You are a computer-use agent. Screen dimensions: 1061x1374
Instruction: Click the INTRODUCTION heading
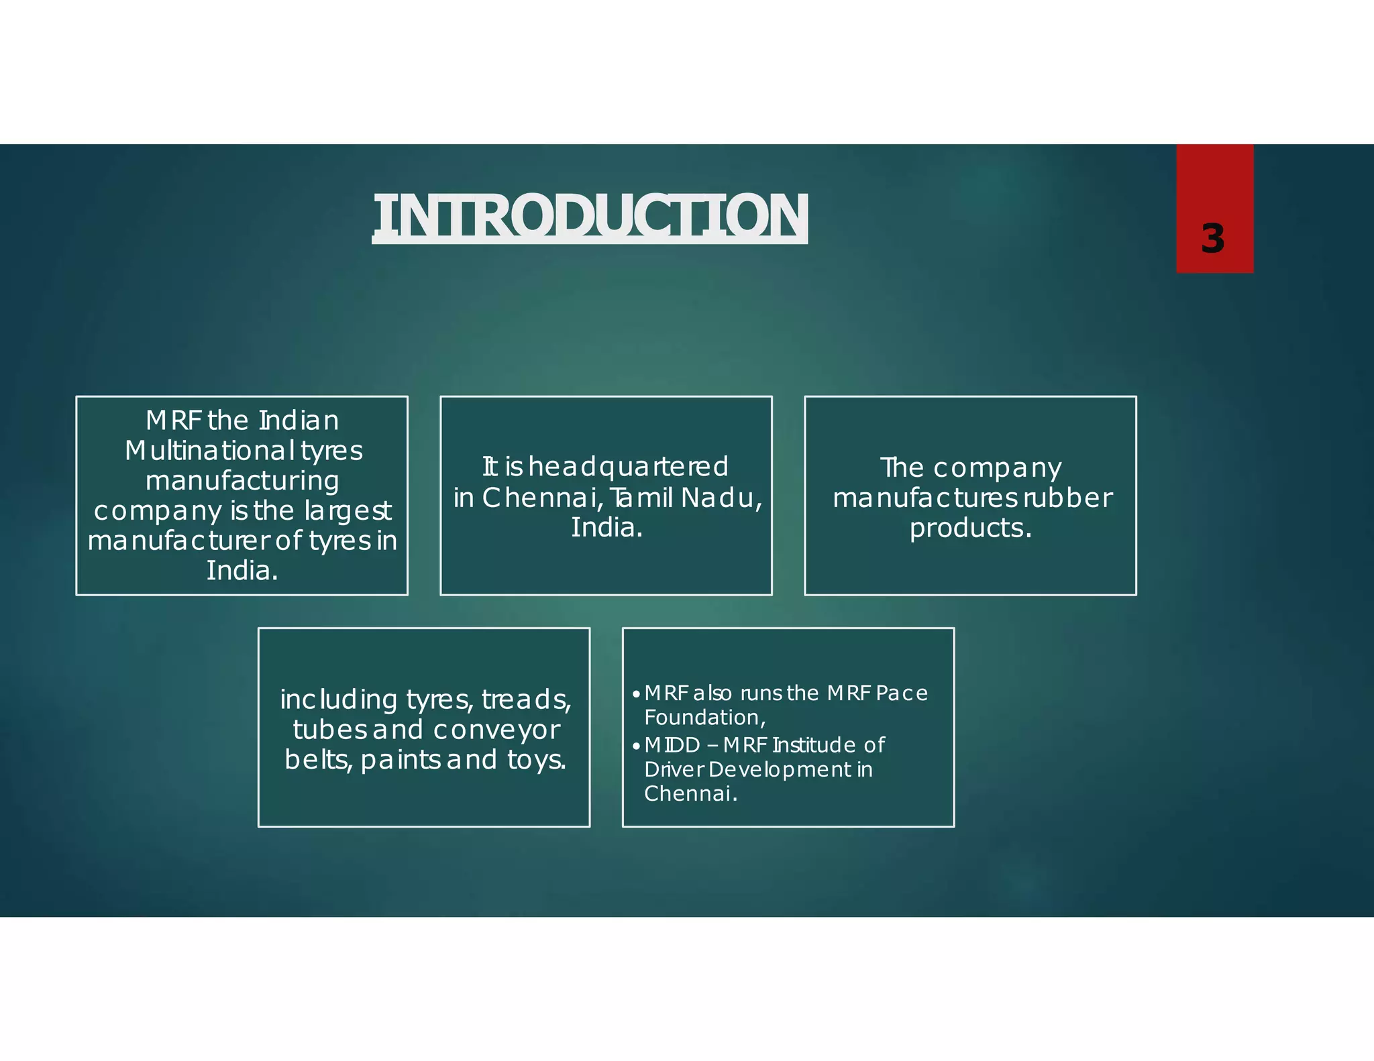click(590, 216)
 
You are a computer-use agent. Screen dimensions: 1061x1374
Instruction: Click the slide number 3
click(1212, 239)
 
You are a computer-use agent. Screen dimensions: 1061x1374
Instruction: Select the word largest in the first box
click(348, 511)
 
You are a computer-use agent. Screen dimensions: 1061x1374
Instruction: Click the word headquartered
click(628, 467)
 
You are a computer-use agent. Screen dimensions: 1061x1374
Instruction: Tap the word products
click(970, 528)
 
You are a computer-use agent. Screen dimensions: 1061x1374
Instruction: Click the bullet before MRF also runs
click(635, 693)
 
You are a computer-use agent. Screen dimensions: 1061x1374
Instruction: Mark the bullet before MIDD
click(635, 745)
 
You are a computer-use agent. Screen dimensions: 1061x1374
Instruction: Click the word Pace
click(902, 693)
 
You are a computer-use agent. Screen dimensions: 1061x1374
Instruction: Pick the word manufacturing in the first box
click(242, 481)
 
